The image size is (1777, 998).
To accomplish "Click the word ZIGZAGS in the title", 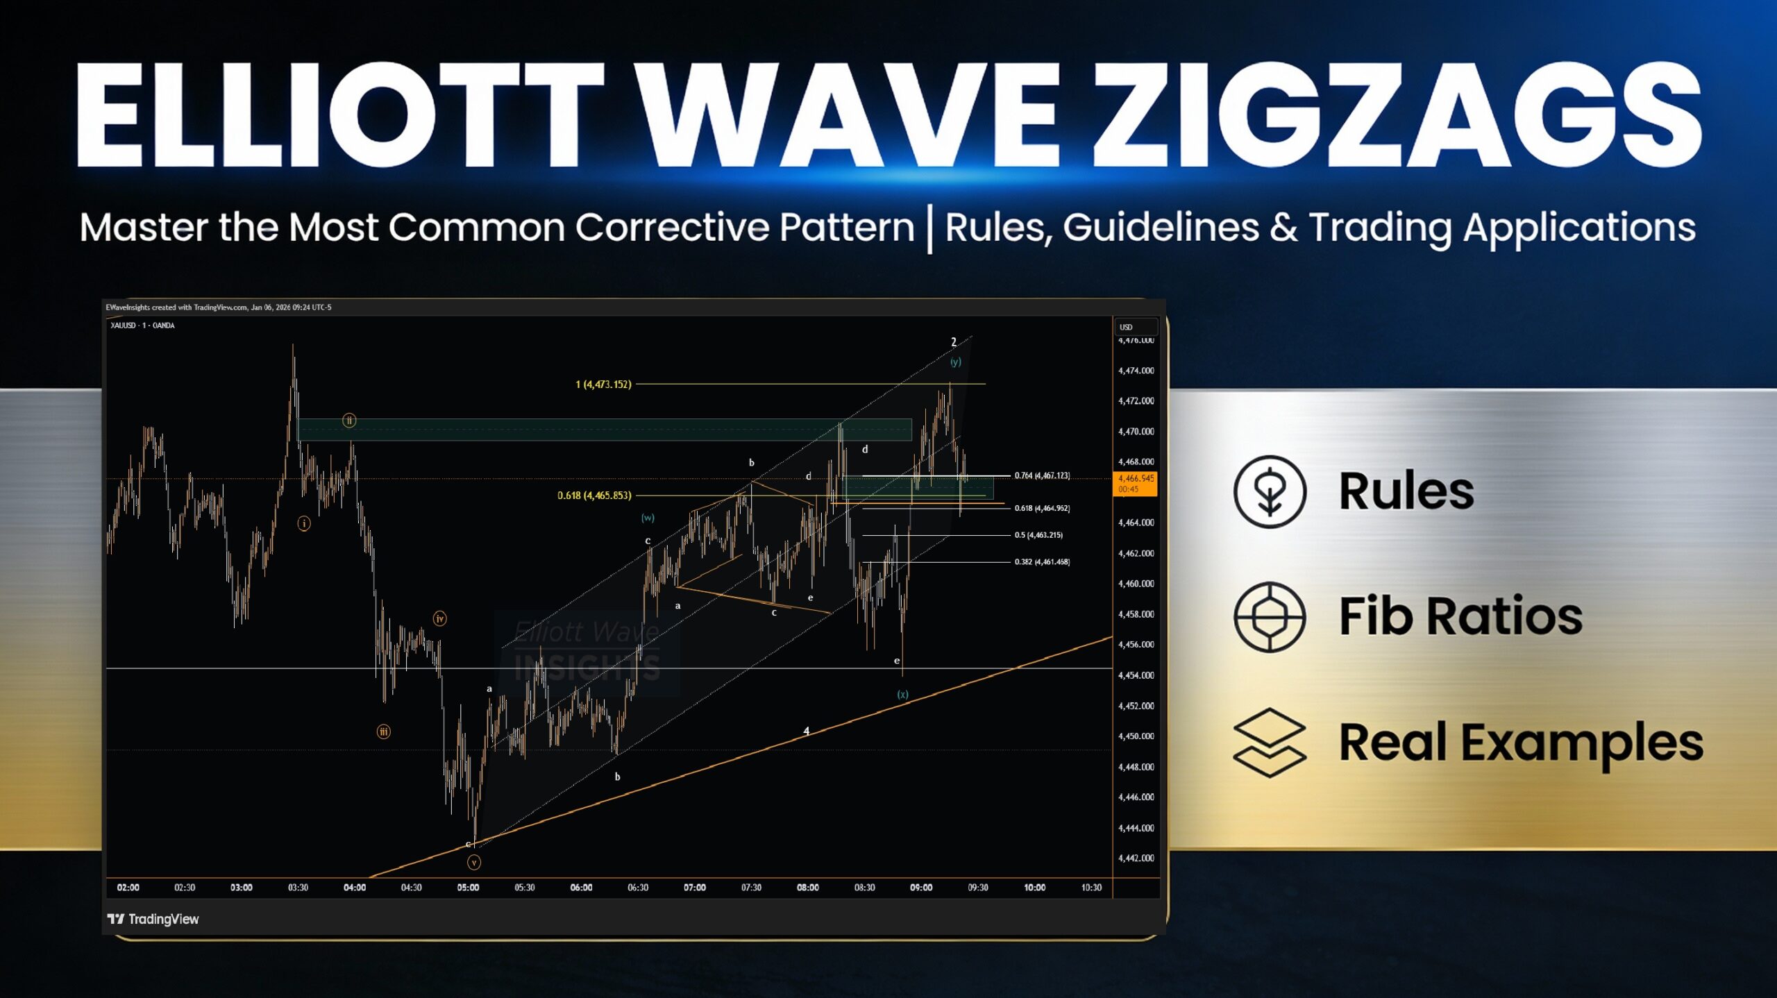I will [1395, 115].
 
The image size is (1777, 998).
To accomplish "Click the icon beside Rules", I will [1270, 491].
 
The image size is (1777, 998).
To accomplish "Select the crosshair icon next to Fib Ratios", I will [1270, 617].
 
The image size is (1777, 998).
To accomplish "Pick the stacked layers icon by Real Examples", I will [1270, 743].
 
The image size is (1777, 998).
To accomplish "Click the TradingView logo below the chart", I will [153, 919].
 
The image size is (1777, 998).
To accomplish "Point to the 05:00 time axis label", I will [468, 888].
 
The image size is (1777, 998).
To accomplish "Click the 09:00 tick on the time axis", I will [921, 888].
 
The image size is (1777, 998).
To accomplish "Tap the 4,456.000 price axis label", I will [1136, 645].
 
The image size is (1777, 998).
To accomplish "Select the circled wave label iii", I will [383, 731].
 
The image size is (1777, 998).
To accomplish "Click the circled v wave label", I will [474, 863].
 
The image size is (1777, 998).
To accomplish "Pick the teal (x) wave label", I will [902, 694].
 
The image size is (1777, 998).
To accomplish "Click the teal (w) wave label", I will [648, 518].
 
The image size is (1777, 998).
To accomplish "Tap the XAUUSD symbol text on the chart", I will [123, 325].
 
